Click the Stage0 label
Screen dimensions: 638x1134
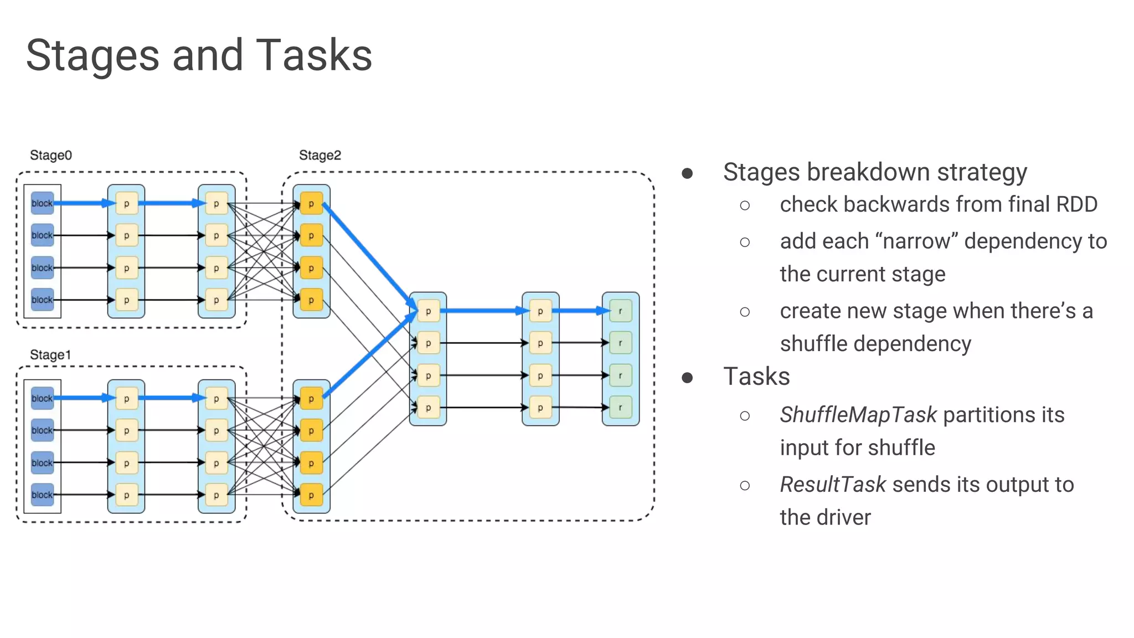[51, 155]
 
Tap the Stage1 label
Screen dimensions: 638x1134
[50, 354]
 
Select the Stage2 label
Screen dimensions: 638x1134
[320, 155]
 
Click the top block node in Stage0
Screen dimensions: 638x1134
[42, 203]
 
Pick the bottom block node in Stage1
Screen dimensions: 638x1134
[42, 495]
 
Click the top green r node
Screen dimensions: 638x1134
[620, 311]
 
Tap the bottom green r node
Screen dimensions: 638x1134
[620, 408]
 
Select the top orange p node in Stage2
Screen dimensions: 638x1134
[311, 204]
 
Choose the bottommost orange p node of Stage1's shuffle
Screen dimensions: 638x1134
[311, 495]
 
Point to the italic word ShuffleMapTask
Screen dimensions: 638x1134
[858, 415]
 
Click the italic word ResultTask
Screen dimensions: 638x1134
[833, 485]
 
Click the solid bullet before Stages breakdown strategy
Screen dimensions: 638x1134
[687, 173]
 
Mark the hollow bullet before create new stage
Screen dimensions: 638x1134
[745, 312]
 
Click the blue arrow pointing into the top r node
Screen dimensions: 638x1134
[581, 311]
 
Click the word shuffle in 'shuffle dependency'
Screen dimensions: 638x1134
[813, 344]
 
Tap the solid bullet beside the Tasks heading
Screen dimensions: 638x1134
[687, 378]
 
